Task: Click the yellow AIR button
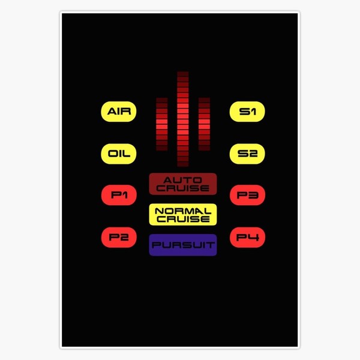coord(119,112)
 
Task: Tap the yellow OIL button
coord(119,154)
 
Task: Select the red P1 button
coord(119,195)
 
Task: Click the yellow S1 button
coord(247,112)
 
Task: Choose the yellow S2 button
coord(247,154)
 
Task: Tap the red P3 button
coord(247,195)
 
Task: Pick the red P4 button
coord(247,237)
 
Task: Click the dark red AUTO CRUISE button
coord(182,184)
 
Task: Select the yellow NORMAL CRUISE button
coord(182,214)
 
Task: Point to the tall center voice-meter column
coord(183,119)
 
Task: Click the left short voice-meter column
coord(161,124)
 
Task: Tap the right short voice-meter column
coord(204,124)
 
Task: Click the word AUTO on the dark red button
coord(182,179)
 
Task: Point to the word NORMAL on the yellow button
coord(182,211)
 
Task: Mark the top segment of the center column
coord(183,74)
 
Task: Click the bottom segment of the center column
coord(183,164)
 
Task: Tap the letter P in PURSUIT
coord(156,245)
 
